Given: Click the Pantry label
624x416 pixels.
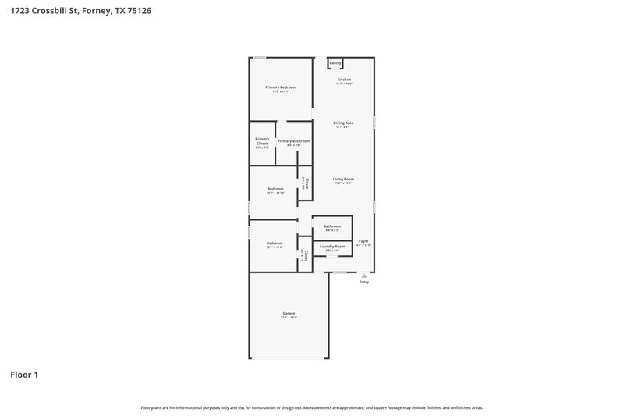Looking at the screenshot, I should (335, 62).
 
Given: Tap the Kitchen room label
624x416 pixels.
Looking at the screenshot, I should (344, 80).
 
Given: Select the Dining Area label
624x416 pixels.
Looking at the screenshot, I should (344, 123).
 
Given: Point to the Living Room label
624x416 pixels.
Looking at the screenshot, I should (344, 179).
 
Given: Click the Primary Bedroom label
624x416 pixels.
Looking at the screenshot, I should (281, 87).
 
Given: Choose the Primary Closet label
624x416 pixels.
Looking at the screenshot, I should (262, 141).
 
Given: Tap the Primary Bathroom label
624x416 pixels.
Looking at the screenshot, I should (293, 141).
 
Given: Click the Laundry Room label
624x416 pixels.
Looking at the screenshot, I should (332, 246).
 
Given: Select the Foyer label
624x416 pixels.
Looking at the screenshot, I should (363, 241).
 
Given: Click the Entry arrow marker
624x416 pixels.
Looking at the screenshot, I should (363, 276).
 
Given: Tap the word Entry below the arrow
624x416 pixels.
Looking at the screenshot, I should (363, 282).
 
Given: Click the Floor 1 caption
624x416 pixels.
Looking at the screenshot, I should (24, 375).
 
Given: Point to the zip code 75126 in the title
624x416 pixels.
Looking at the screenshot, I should (137, 11).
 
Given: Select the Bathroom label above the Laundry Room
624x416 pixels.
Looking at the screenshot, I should (332, 226).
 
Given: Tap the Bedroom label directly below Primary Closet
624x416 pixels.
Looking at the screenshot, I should (275, 188).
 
